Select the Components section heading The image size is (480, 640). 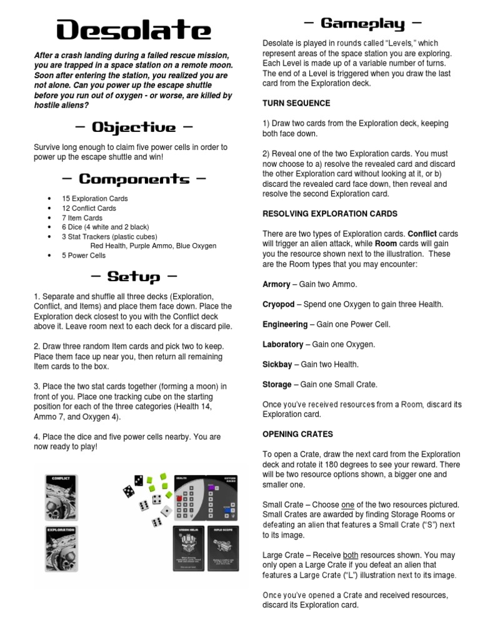133,179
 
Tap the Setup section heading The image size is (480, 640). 133,276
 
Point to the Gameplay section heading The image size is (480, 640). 362,24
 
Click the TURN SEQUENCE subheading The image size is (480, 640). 296,103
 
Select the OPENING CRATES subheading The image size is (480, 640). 297,434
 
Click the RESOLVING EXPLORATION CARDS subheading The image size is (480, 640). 330,213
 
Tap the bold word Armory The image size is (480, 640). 276,284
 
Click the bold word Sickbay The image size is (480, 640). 277,364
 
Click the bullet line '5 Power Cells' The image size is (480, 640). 84,255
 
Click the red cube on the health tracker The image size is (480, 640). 179,498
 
